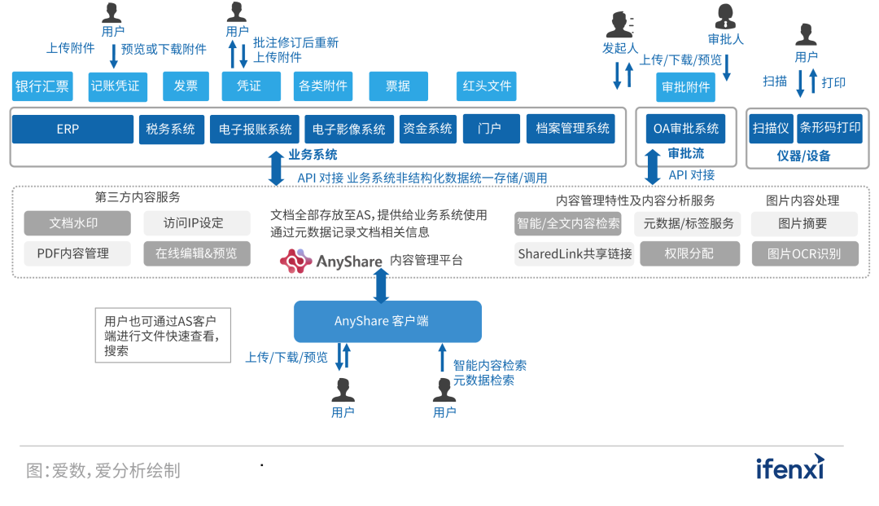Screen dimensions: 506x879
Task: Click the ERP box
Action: coord(72,129)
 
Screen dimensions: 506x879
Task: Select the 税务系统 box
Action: coord(171,129)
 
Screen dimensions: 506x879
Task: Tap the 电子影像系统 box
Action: coord(349,129)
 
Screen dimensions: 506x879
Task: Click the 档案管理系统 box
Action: coord(571,129)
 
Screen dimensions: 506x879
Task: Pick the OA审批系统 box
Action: coord(686,129)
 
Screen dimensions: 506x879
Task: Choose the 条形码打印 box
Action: coord(829,129)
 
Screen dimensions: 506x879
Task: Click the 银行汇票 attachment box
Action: coord(42,86)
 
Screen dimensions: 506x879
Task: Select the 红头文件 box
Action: coord(487,86)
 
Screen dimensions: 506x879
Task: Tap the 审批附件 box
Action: coord(685,87)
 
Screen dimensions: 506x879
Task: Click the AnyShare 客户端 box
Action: coord(387,321)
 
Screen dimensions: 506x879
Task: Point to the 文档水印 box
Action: coord(77,223)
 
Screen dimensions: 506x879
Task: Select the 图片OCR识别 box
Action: coord(804,253)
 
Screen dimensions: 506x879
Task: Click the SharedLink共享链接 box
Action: coord(575,253)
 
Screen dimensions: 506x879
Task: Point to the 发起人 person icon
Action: coord(620,24)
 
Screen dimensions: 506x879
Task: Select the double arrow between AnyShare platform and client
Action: coord(381,285)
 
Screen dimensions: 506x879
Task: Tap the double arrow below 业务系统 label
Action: coord(277,169)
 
